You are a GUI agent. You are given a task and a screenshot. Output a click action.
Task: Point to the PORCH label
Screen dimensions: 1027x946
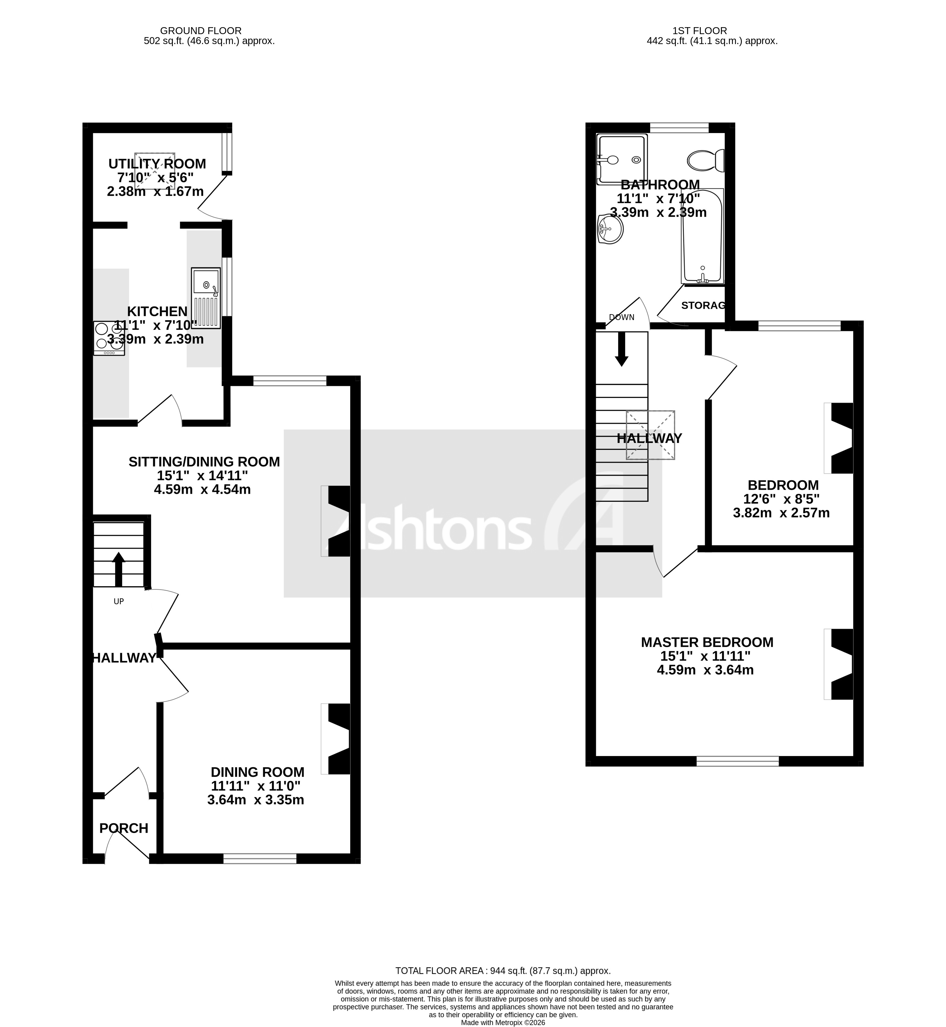point(124,828)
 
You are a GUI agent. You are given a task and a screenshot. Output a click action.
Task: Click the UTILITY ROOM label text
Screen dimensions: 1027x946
point(157,164)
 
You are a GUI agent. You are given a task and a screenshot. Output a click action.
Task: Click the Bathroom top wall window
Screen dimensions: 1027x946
point(679,128)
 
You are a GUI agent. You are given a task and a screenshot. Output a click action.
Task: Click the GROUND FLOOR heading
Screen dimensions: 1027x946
point(201,31)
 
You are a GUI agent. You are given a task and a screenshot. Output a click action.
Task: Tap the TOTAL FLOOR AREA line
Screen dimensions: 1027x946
point(503,971)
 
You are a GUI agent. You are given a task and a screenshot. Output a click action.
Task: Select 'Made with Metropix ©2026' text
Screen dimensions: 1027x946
point(503,1022)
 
